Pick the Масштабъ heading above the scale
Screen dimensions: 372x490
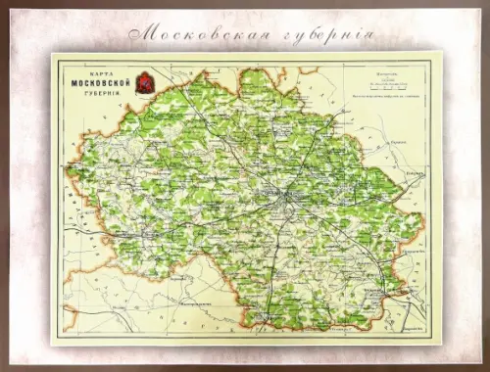[x=373, y=72]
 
